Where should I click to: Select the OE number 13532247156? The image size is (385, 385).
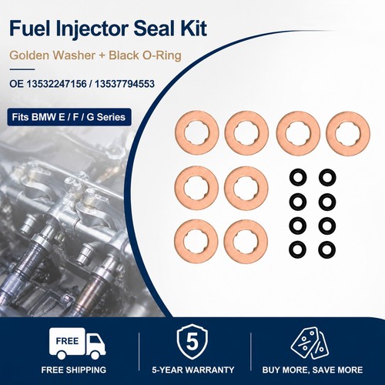56,84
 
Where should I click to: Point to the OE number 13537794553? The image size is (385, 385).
125,84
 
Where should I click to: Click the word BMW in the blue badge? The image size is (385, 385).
44,117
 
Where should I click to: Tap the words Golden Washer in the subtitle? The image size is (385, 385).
49,55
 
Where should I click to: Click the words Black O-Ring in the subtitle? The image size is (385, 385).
145,55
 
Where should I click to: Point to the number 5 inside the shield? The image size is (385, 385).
192,342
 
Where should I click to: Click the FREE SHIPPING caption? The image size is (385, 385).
74,370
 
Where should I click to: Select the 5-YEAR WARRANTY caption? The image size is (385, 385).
193,370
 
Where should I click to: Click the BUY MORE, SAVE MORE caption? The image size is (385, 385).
313,370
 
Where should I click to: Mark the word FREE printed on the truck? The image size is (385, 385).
67,341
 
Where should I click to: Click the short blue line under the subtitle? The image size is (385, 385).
22,69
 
